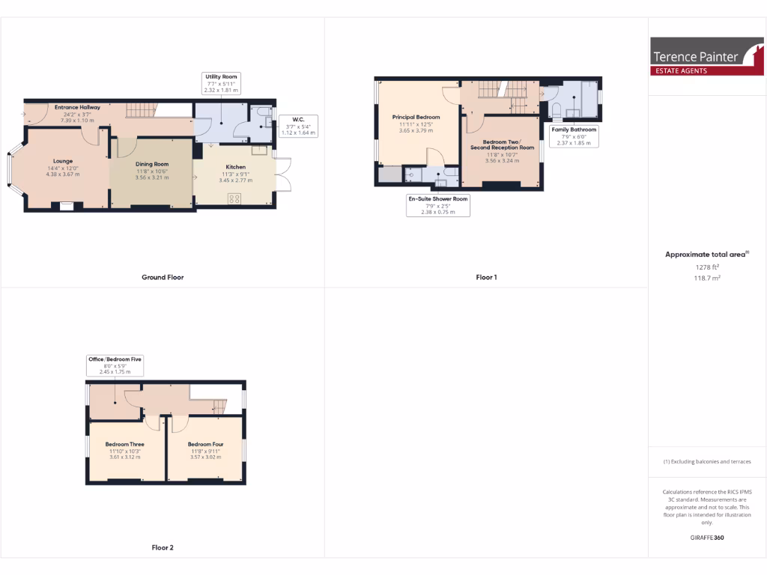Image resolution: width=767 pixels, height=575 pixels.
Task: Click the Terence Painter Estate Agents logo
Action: [707, 57]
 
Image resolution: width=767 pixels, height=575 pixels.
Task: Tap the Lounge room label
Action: [62, 160]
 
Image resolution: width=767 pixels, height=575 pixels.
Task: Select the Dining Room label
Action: [152, 164]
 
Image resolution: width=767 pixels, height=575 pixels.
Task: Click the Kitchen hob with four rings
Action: [234, 198]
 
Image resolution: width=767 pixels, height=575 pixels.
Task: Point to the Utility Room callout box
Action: [220, 83]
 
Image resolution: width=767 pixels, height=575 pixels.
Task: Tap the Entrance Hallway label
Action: [77, 108]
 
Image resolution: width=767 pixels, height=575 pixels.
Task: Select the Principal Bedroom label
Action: [416, 118]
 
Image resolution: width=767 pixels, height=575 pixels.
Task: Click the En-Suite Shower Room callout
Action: [438, 205]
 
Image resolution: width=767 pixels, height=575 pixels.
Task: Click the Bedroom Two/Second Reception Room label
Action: [502, 144]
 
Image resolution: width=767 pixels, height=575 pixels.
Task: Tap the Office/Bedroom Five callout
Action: [115, 365]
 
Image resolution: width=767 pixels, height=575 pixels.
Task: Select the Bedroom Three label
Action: [124, 444]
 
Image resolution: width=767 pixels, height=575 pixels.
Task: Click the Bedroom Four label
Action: [205, 444]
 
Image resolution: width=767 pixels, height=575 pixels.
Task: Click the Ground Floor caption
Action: [163, 277]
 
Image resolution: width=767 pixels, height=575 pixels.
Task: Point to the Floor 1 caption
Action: [486, 277]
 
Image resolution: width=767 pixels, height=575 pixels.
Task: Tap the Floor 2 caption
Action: [163, 547]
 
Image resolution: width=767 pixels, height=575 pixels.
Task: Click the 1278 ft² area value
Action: [706, 267]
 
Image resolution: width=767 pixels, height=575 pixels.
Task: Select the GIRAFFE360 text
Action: [706, 538]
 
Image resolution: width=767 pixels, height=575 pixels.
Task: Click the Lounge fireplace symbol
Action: [67, 206]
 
